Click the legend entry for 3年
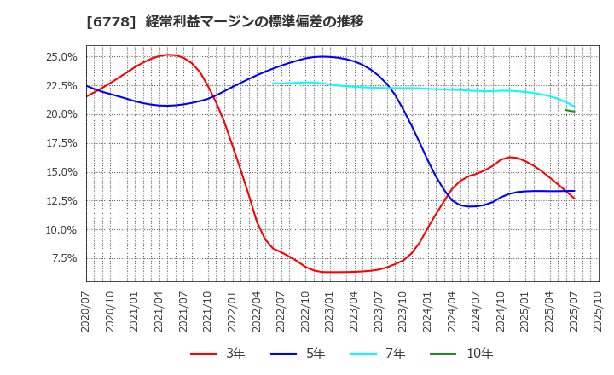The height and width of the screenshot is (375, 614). (217, 354)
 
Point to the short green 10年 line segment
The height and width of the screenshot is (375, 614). (570, 111)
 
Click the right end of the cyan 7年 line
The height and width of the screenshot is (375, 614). (574, 107)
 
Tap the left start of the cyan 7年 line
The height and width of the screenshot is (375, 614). (273, 84)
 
